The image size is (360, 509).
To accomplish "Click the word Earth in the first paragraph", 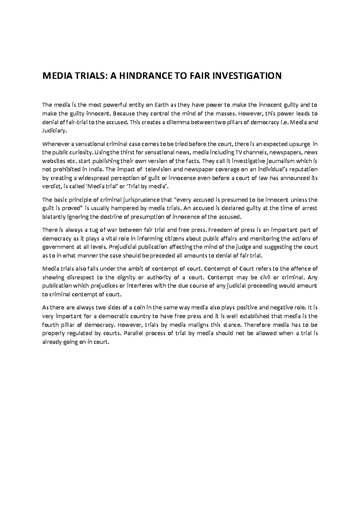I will pos(162,105).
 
